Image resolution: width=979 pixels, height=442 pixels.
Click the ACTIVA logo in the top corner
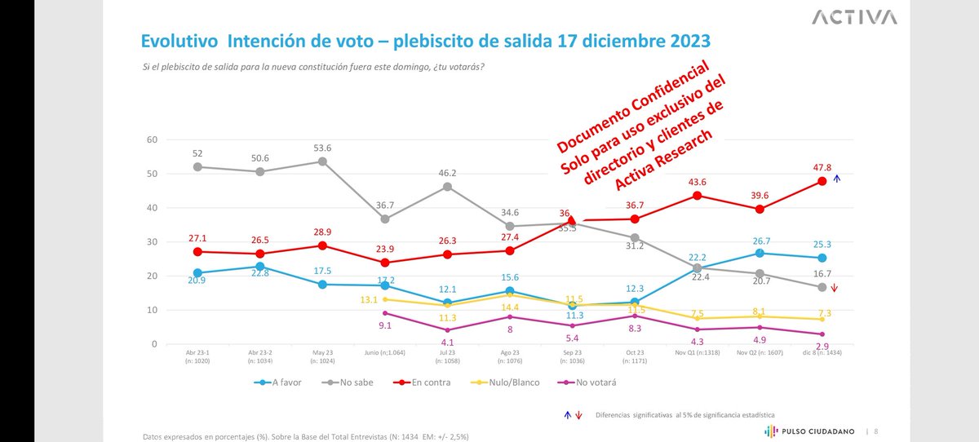pyautogui.click(x=856, y=17)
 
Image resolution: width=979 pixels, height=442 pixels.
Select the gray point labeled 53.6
pyautogui.click(x=322, y=161)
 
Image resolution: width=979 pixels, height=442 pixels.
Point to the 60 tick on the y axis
pyautogui.click(x=152, y=139)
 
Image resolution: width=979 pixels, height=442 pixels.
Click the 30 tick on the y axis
pyautogui.click(x=152, y=242)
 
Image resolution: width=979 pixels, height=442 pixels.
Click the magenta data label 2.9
pyautogui.click(x=822, y=347)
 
